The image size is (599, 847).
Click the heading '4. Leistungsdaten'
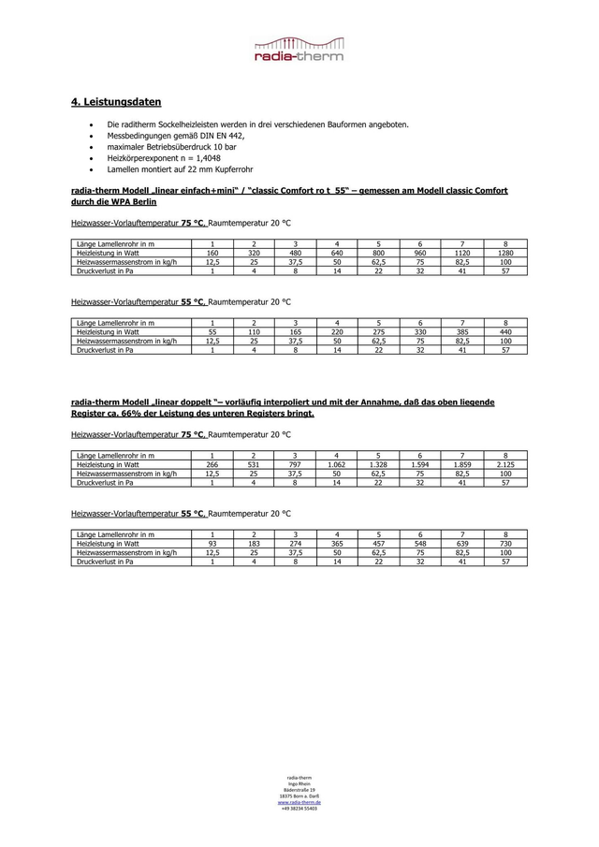click(x=116, y=101)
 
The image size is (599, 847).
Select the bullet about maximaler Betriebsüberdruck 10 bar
click(x=171, y=147)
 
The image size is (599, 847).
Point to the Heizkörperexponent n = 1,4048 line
click(x=157, y=158)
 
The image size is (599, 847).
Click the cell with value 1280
click(x=505, y=254)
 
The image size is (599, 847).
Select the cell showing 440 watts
click(x=505, y=332)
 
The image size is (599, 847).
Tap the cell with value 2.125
click(x=505, y=464)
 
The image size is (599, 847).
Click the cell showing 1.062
click(x=336, y=464)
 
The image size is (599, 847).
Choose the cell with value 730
click(x=505, y=543)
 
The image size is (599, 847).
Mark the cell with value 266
click(x=212, y=464)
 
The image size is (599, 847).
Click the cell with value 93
click(x=212, y=543)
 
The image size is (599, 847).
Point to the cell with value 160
click(x=212, y=254)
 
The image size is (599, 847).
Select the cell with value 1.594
click(x=420, y=464)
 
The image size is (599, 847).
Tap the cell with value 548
click(x=420, y=543)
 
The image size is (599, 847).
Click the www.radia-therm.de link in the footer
click(x=299, y=802)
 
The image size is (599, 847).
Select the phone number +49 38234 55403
click(x=299, y=808)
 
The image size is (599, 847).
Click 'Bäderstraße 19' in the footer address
click(x=299, y=790)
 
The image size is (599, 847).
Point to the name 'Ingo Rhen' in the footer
click(x=299, y=783)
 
